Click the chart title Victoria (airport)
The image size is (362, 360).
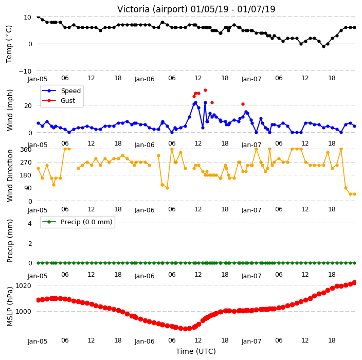click(153, 9)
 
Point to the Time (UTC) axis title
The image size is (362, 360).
click(196, 351)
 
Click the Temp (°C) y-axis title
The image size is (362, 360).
click(9, 44)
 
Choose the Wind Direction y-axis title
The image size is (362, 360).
click(10, 175)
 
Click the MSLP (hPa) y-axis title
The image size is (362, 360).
click(10, 307)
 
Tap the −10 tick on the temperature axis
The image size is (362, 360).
click(25, 71)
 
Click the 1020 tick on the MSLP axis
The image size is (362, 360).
click(23, 285)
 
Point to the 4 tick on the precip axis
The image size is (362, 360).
click(30, 223)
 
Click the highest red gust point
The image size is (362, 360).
click(205, 91)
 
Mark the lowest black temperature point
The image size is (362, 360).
click(323, 47)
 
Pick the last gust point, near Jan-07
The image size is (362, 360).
click(243, 104)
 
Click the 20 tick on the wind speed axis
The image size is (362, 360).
click(28, 105)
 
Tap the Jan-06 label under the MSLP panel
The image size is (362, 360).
click(144, 341)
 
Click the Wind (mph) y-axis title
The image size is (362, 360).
click(10, 110)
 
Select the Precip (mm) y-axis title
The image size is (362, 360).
click(10, 241)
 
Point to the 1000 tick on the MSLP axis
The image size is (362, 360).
click(23, 312)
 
